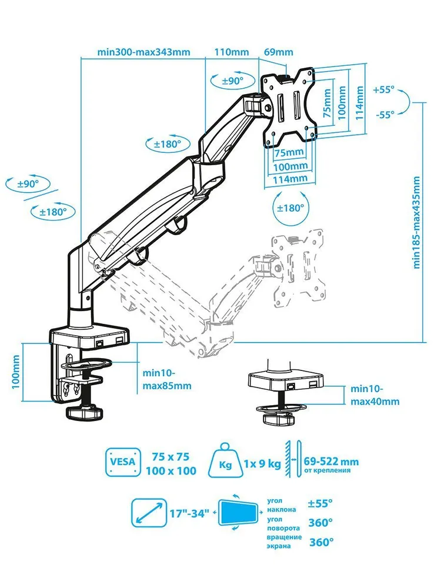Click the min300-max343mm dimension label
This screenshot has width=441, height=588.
[x=144, y=51]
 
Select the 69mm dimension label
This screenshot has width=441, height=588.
[x=278, y=51]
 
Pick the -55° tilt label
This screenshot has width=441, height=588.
[x=383, y=115]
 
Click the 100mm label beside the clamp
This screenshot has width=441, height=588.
[x=16, y=377]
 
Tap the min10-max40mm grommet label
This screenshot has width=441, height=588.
[x=375, y=395]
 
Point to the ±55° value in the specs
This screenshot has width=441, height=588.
[x=320, y=503]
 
